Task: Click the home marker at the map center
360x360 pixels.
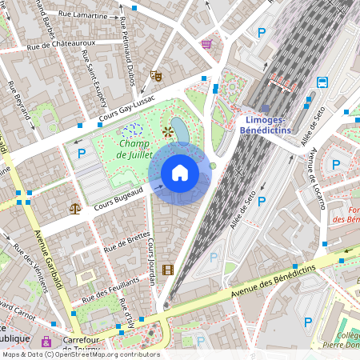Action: click(180, 173)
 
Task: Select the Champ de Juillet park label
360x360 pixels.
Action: click(135, 149)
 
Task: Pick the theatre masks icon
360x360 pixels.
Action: click(156, 75)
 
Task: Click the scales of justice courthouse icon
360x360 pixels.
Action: click(75, 208)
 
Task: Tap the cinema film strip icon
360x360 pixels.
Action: click(167, 270)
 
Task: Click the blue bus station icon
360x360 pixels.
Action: click(322, 82)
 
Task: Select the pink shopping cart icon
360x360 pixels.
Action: click(207, 44)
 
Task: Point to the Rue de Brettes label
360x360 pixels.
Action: click(126, 240)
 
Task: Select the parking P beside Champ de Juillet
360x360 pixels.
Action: click(80, 153)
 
